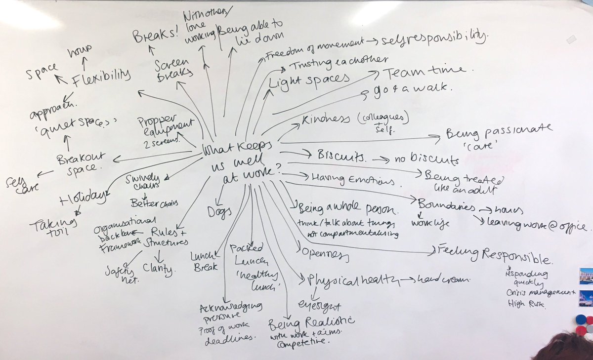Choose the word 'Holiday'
tap(83, 199)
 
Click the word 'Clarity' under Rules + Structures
tap(160, 269)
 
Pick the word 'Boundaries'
tap(446, 205)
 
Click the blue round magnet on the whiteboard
tap(580, 320)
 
